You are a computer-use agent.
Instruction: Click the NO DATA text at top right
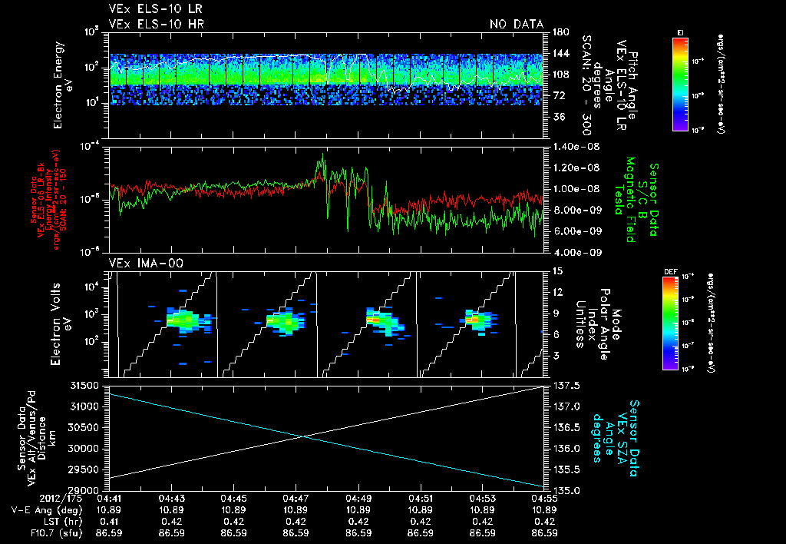pyautogui.click(x=517, y=25)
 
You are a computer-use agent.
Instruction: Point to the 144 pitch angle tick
pyautogui.click(x=557, y=54)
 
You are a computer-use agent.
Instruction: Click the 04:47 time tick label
pyautogui.click(x=296, y=499)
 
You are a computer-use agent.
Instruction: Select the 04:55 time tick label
pyautogui.click(x=544, y=499)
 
